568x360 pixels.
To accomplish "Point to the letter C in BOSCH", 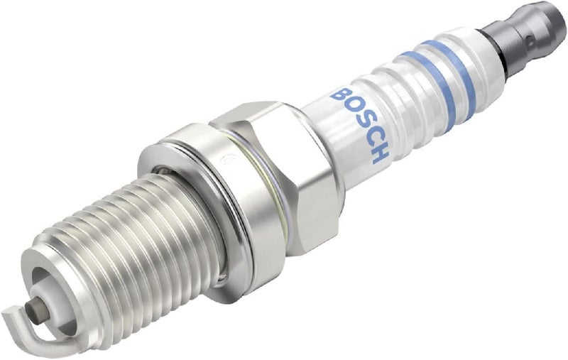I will (367, 138).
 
